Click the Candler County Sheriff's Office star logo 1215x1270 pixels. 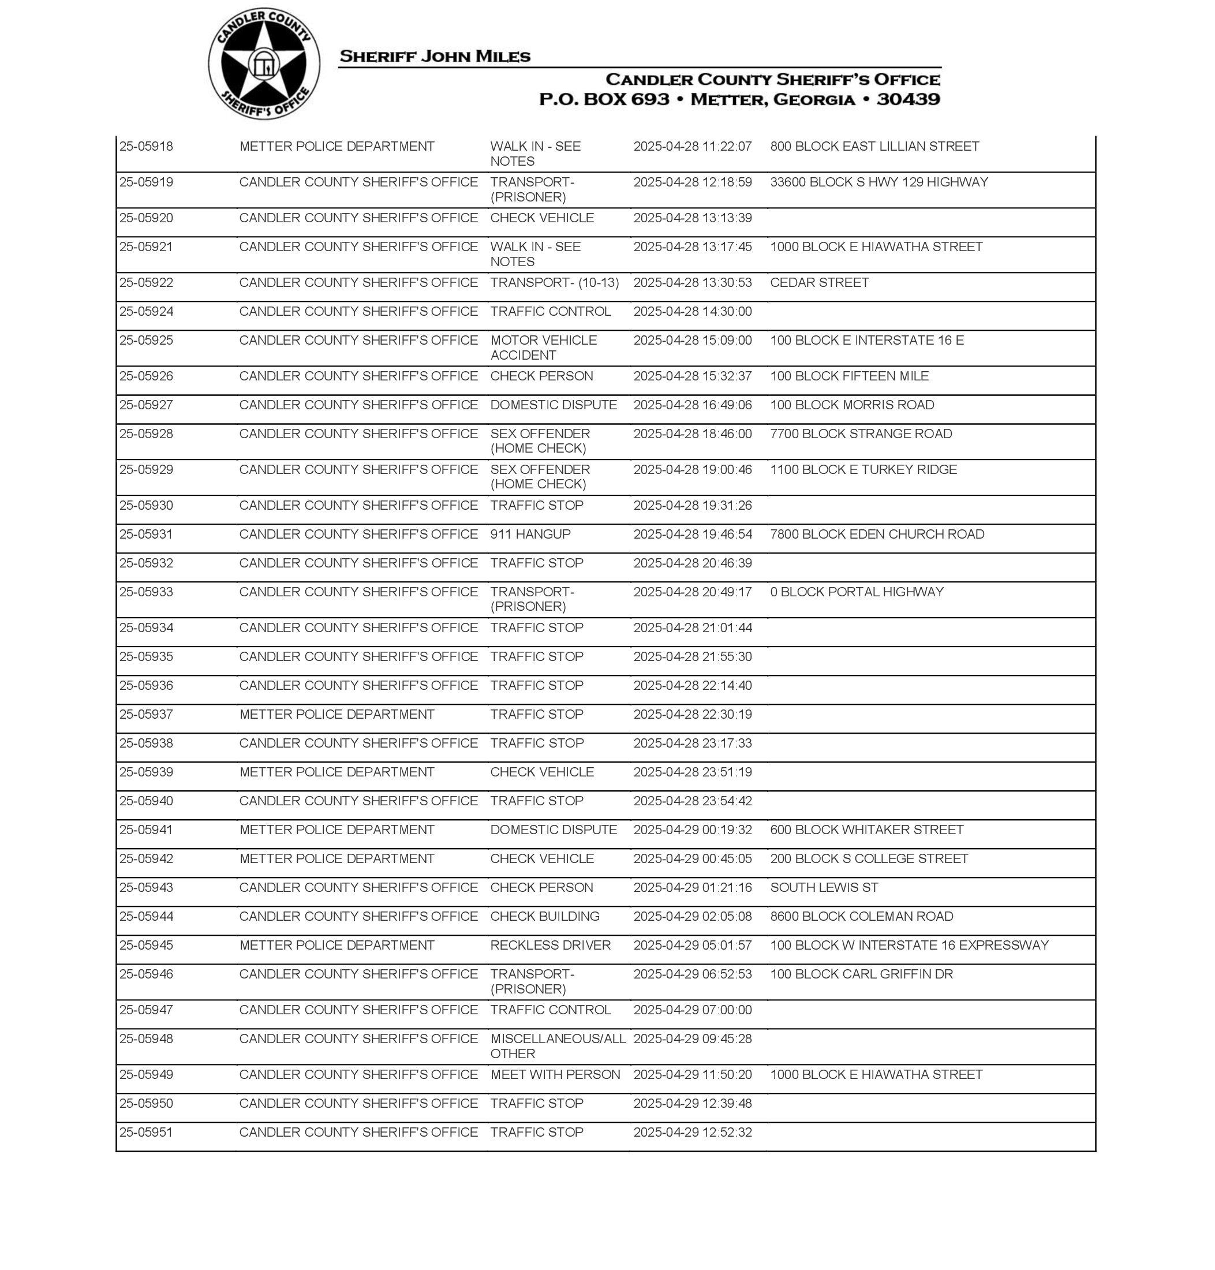pyautogui.click(x=264, y=64)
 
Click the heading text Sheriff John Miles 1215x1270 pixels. pyautogui.click(x=435, y=57)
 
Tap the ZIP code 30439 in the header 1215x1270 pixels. pyautogui.click(x=908, y=100)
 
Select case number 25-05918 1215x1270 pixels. pyautogui.click(x=147, y=147)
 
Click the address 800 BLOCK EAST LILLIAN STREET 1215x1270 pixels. pyautogui.click(x=874, y=147)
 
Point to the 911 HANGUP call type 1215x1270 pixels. pyautogui.click(x=530, y=535)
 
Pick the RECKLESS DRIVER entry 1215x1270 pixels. pyautogui.click(x=551, y=945)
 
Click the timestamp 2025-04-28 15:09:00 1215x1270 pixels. pyautogui.click(x=692, y=340)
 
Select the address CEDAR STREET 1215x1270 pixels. pyautogui.click(x=819, y=282)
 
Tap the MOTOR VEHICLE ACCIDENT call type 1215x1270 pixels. pyautogui.click(x=543, y=348)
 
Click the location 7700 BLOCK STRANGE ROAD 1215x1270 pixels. pyautogui.click(x=861, y=434)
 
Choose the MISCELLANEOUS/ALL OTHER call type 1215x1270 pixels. pyautogui.click(x=558, y=1046)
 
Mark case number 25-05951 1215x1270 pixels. pyautogui.click(x=147, y=1132)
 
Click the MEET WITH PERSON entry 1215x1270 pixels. pyautogui.click(x=555, y=1074)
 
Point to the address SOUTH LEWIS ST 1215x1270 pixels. pyautogui.click(x=824, y=887)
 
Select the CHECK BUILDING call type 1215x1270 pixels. pyautogui.click(x=545, y=916)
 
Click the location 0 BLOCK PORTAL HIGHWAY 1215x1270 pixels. pyautogui.click(x=857, y=592)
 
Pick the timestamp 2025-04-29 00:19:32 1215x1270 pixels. pyautogui.click(x=692, y=830)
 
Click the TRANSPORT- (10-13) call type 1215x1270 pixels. pyautogui.click(x=554, y=282)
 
